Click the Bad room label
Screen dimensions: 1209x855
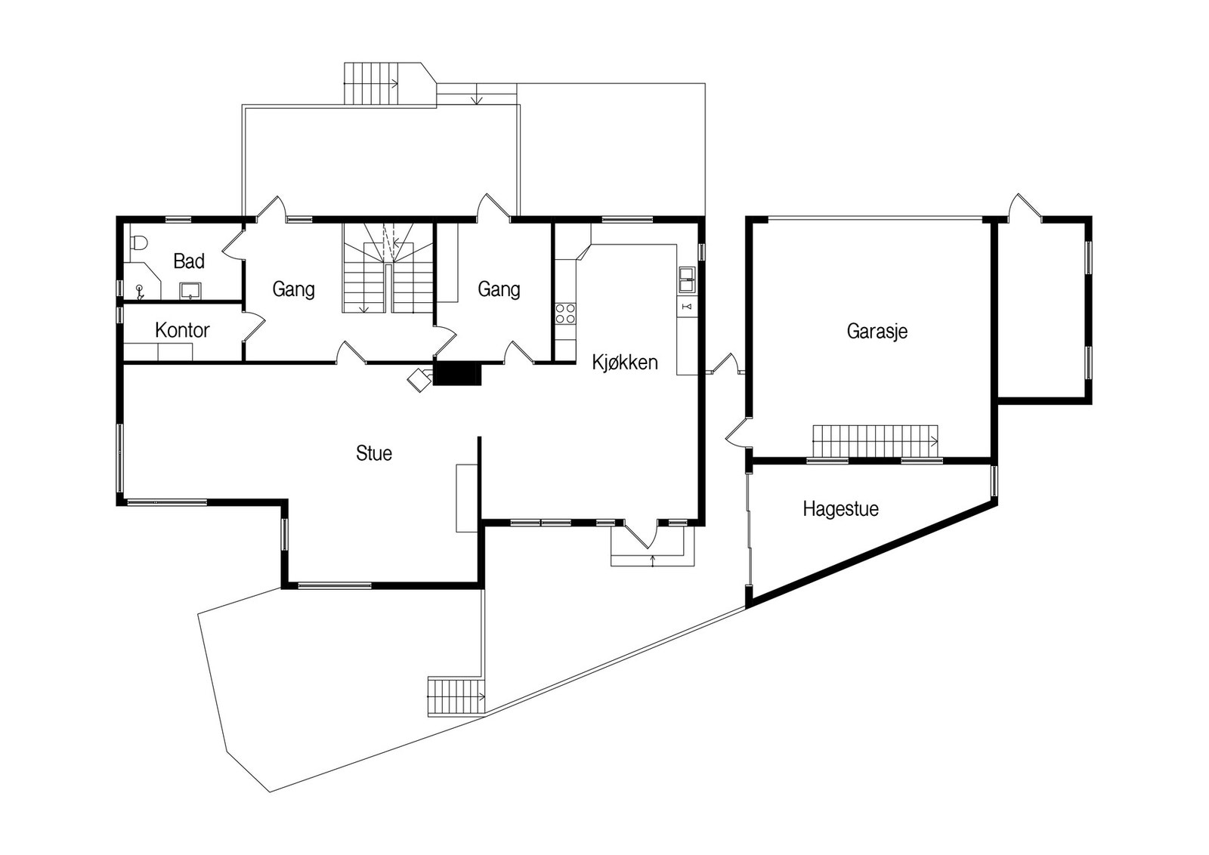(x=189, y=261)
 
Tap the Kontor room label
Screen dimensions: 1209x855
(x=182, y=330)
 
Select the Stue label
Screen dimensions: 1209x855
(x=373, y=453)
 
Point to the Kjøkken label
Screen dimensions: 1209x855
(x=625, y=362)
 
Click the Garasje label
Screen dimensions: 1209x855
(x=877, y=331)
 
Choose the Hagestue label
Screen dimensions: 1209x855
(x=840, y=508)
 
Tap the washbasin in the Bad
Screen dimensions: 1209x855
(x=190, y=291)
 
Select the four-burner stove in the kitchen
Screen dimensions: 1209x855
(x=565, y=313)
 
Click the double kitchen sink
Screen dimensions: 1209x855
(x=687, y=280)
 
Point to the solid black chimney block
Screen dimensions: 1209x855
(x=456, y=374)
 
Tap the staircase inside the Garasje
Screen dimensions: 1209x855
(x=876, y=441)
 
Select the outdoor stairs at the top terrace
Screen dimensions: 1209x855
(x=371, y=83)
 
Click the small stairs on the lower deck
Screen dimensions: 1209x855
(x=456, y=696)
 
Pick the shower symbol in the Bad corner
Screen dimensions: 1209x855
(x=140, y=292)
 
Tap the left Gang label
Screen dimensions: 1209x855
(x=293, y=289)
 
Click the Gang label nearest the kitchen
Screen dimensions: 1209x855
(x=499, y=289)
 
